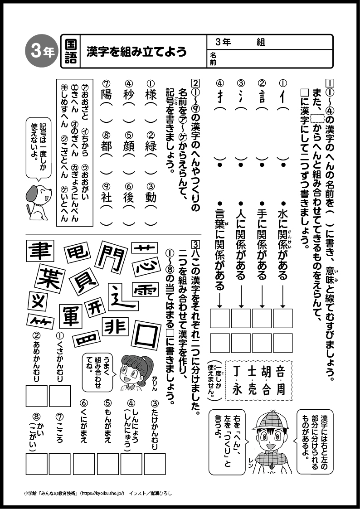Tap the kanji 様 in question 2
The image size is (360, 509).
tap(151, 96)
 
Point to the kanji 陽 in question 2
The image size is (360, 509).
tap(107, 96)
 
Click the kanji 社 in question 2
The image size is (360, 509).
tap(107, 198)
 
